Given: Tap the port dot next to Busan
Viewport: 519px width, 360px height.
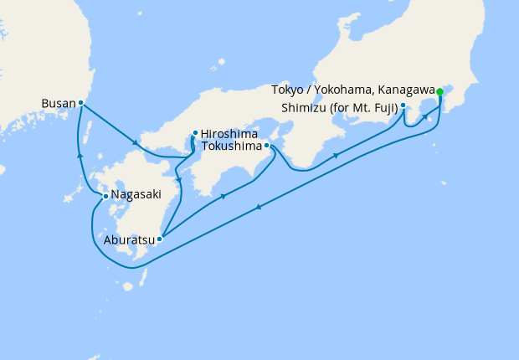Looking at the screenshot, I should (x=80, y=103).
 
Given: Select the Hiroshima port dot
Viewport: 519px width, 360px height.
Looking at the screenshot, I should (x=194, y=132).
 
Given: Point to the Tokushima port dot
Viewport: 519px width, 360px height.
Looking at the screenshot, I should (x=266, y=146).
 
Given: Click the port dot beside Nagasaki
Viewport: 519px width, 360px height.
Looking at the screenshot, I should (x=105, y=196).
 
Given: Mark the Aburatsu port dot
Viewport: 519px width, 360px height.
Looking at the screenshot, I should (x=159, y=239).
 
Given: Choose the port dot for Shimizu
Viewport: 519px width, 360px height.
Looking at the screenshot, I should (x=403, y=105).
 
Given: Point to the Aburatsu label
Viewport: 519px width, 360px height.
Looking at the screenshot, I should (x=130, y=239).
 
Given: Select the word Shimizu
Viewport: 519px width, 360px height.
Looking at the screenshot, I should (x=306, y=106).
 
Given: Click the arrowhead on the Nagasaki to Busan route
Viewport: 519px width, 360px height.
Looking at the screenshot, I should (x=80, y=155).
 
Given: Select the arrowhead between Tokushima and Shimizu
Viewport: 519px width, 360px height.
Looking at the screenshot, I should (x=337, y=155).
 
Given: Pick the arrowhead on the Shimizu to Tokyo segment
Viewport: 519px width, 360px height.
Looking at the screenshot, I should (x=427, y=116).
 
